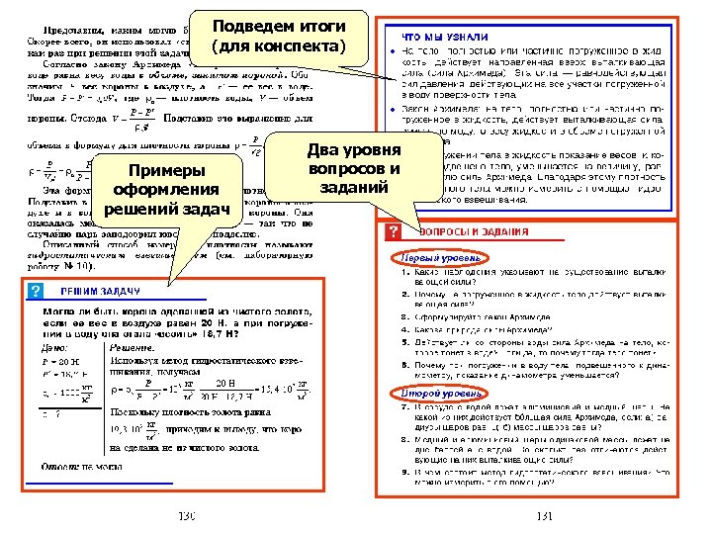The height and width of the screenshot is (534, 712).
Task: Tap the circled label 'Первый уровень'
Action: (428, 257)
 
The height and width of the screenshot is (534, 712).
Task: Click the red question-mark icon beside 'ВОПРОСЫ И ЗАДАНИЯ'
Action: (393, 231)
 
